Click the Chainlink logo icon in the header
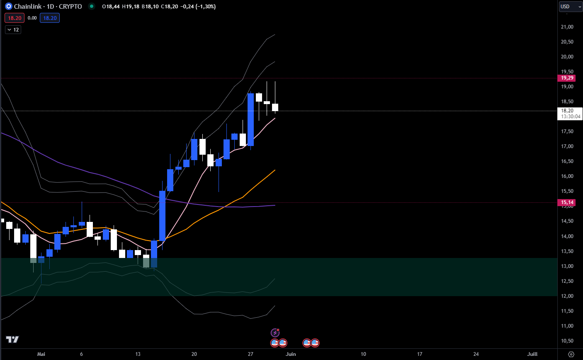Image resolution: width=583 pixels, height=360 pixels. coord(8,7)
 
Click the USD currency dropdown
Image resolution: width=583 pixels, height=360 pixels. coord(570,7)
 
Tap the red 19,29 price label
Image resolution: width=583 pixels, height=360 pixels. coord(567,78)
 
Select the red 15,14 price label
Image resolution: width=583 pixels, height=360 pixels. coord(567,202)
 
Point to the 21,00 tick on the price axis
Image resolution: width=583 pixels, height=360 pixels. coord(567,27)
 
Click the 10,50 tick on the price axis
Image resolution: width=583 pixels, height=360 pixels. coord(567,341)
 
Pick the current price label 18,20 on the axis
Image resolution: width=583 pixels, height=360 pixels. coord(567,111)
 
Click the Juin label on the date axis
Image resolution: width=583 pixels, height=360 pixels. coord(291,354)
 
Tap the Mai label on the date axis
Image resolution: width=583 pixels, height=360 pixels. coord(41,354)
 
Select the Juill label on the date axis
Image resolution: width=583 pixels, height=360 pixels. coord(532,354)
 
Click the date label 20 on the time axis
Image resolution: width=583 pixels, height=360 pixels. coord(194,354)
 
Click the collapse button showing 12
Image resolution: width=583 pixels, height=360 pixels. coord(13,30)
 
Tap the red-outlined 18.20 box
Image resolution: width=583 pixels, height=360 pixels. coord(15,18)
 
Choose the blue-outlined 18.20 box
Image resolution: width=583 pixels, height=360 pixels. coord(50,18)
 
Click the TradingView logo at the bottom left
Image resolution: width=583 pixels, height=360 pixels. coord(12,340)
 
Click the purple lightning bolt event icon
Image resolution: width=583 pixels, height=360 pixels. coord(275,333)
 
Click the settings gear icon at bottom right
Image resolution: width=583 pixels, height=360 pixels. coord(571,354)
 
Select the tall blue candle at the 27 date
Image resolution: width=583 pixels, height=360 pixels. coord(250,119)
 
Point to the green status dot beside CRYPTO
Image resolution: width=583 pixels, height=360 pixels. coord(92,7)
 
